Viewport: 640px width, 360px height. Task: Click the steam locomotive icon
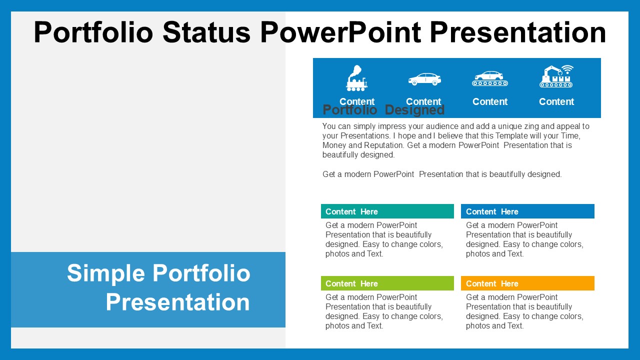[356, 78]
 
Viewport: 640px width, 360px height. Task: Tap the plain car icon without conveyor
[424, 79]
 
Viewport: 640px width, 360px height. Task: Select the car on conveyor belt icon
[489, 78]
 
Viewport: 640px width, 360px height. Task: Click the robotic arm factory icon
[556, 76]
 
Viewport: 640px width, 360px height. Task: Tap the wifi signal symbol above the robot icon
[567, 69]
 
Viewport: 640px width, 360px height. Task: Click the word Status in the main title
[206, 32]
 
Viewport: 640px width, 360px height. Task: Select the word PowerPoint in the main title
[340, 32]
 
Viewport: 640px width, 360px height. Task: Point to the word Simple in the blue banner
[106, 273]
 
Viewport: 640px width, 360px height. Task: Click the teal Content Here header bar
[387, 211]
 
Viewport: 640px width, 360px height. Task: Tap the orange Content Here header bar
[527, 283]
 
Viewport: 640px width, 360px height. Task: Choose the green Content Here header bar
[387, 283]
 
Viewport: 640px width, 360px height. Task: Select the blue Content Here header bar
[527, 211]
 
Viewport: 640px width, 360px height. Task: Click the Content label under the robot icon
[556, 101]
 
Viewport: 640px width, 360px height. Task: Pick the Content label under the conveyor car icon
[489, 101]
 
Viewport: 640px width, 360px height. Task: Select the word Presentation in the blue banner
[177, 302]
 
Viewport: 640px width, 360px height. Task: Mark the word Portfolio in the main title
[93, 32]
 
